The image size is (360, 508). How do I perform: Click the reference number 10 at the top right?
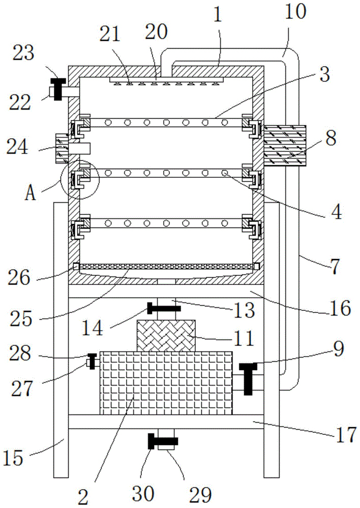point(295,12)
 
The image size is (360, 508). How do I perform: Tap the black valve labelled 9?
point(248,378)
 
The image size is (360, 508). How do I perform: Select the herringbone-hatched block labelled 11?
point(166,335)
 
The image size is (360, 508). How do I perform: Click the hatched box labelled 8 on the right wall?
point(284,146)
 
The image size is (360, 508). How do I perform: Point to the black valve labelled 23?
point(59,89)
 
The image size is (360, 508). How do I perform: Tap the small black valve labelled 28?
point(92,361)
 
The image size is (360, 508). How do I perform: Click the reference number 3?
point(324,75)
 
